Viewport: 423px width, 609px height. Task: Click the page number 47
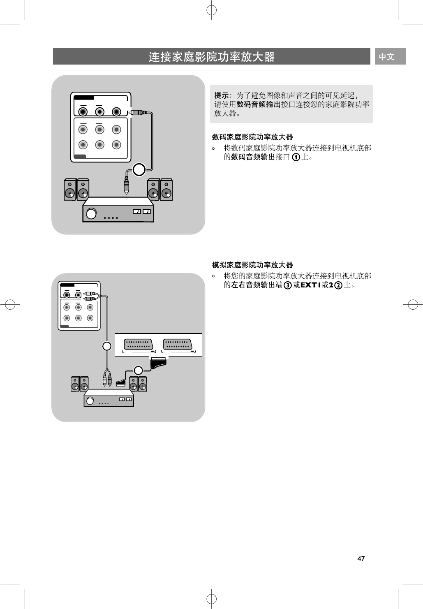(x=361, y=558)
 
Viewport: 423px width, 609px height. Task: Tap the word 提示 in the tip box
(x=222, y=96)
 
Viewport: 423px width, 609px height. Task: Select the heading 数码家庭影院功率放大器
(x=252, y=137)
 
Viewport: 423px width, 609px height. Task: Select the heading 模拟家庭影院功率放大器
(x=252, y=265)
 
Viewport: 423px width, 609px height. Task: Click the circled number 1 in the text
(x=296, y=157)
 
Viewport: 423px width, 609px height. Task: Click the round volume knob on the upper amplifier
(x=91, y=213)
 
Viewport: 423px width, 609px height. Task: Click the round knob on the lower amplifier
(x=90, y=401)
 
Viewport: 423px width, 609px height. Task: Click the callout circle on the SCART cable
(x=139, y=370)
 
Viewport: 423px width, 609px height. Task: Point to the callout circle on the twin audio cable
(x=107, y=346)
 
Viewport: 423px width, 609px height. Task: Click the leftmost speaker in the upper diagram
(x=70, y=190)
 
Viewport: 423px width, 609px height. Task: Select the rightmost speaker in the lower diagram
(x=143, y=384)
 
